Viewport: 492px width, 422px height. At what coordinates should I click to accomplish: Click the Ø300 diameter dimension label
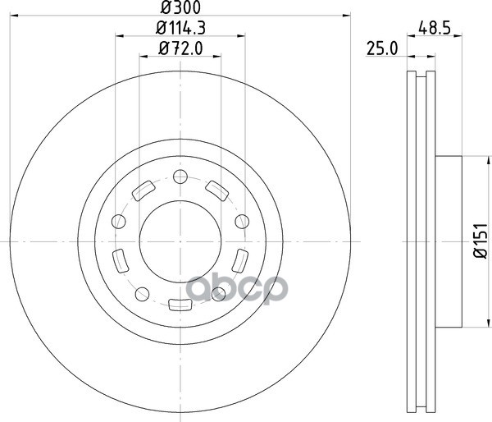click(x=180, y=7)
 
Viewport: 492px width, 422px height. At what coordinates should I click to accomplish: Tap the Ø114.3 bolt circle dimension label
click(x=180, y=28)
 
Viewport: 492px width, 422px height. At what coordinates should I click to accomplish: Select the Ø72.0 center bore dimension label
click(x=180, y=48)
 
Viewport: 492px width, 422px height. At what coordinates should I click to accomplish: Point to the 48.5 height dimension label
click(x=435, y=28)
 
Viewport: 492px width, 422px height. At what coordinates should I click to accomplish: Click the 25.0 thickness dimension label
click(x=382, y=48)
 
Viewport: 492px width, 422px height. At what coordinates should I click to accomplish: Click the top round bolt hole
click(x=180, y=177)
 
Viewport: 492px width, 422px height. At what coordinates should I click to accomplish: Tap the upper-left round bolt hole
click(x=119, y=222)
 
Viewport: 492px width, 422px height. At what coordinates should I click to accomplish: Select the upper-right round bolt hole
click(x=242, y=222)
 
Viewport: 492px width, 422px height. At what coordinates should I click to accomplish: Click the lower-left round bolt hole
click(x=142, y=294)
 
